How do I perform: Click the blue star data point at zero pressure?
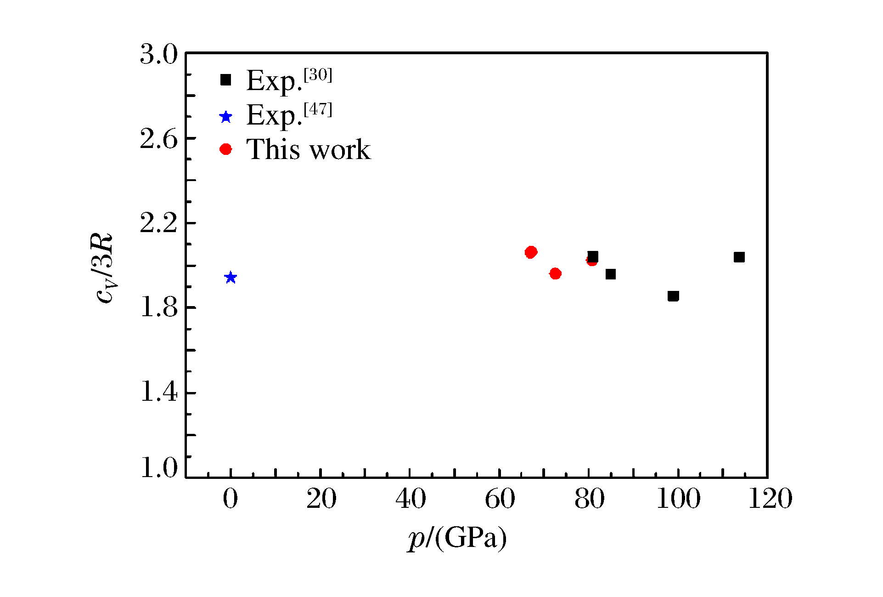click(231, 278)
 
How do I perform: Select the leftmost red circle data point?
click(531, 252)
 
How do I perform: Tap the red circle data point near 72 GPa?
click(555, 274)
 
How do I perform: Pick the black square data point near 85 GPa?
click(610, 274)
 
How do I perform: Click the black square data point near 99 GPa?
click(673, 296)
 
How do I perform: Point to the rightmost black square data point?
click(739, 257)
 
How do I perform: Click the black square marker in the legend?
click(225, 80)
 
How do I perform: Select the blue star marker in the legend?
click(225, 117)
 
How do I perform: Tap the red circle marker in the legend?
click(225, 149)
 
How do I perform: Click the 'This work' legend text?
click(308, 149)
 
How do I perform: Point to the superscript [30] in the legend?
click(318, 74)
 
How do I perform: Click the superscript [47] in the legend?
click(318, 109)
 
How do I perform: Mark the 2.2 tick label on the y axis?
click(158, 223)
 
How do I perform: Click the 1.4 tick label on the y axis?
click(158, 392)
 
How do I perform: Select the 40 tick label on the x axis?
click(410, 499)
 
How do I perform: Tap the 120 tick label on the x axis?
click(770, 499)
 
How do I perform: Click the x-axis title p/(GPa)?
click(457, 538)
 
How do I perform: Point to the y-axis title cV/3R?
click(105, 268)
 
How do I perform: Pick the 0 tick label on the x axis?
click(231, 499)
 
